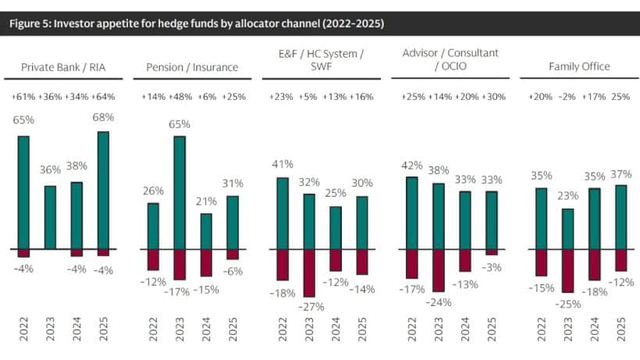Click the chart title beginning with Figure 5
point(196,22)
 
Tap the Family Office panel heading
point(578,67)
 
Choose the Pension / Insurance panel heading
point(192,67)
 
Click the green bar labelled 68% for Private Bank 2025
point(103,190)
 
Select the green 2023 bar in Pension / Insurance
point(180,192)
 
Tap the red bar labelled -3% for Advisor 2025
point(491,251)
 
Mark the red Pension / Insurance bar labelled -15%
point(205,262)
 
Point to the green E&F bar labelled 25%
point(336,227)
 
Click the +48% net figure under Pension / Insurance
point(180,97)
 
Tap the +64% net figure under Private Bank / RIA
point(105,97)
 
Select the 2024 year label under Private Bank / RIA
point(76,331)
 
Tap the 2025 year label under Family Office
point(621,331)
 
